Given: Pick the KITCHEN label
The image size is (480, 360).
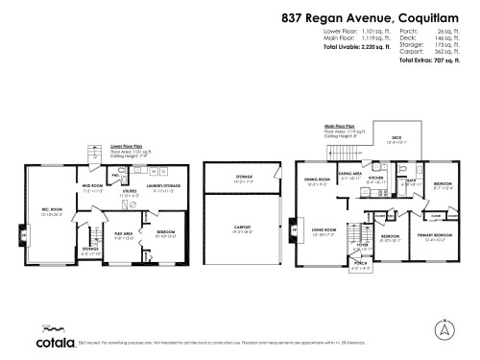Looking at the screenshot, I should point(376,179).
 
